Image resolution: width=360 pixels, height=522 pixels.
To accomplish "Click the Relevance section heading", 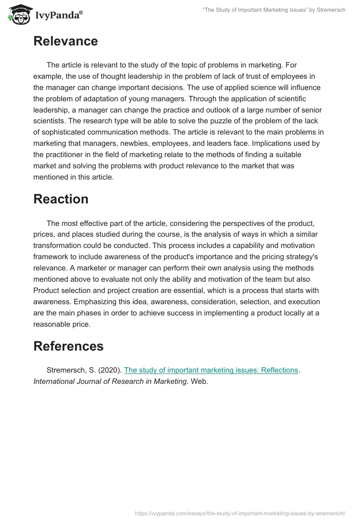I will pyautogui.click(x=65, y=41).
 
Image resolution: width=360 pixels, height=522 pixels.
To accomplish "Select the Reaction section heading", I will pyautogui.click(x=61, y=199).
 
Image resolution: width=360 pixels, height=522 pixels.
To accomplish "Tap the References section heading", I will pyautogui.click(x=68, y=346).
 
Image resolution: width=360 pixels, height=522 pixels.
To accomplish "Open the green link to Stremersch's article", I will pyautogui.click(x=211, y=370).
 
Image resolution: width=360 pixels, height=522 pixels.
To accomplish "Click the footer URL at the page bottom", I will pyautogui.click(x=240, y=513).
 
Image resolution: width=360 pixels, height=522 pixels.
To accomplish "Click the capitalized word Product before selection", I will pyautogui.click(x=47, y=290).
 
